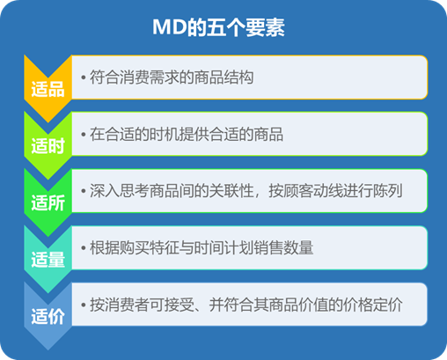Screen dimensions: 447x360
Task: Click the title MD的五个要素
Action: pyautogui.click(x=218, y=27)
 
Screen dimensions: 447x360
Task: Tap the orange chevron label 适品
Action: pyautogui.click(x=48, y=89)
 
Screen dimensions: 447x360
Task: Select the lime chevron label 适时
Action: pyautogui.click(x=48, y=146)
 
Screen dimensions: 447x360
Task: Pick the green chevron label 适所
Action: pyautogui.click(x=48, y=202)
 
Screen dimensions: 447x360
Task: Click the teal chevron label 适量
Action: pyautogui.click(x=48, y=260)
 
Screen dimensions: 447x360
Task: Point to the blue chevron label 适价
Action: pyautogui.click(x=48, y=316)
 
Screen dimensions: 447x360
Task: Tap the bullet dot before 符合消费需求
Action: pyautogui.click(x=84, y=77)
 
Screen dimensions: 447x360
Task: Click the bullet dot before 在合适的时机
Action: pyautogui.click(x=84, y=135)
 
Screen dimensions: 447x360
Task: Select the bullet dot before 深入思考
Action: pyautogui.click(x=84, y=191)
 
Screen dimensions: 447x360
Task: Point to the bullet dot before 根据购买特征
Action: pyautogui.click(x=84, y=248)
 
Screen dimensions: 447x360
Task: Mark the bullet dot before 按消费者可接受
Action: pyautogui.click(x=84, y=305)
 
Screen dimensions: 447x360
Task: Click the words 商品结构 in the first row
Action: pyautogui.click(x=223, y=77)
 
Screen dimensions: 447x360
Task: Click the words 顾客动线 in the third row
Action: pyautogui.click(x=313, y=191)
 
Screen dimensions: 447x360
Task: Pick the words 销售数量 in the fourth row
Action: pyautogui.click(x=283, y=248)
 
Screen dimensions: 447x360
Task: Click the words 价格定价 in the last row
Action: pyautogui.click(x=373, y=305)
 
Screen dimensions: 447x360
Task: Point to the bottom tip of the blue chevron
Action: pyautogui.click(x=48, y=350)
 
